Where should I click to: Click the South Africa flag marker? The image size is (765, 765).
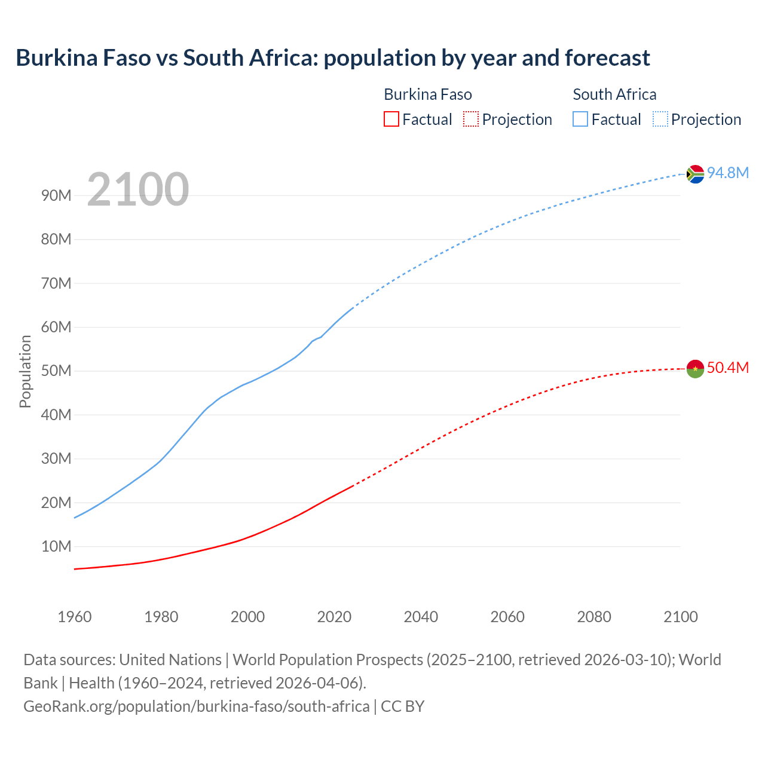click(695, 174)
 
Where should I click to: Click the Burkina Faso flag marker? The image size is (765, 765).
click(695, 369)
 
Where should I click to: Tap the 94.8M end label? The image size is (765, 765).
click(728, 173)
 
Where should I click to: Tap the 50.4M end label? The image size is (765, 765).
click(728, 368)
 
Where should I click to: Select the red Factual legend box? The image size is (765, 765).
click(391, 119)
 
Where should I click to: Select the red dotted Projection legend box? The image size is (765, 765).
click(471, 119)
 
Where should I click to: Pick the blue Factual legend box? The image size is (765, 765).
click(580, 119)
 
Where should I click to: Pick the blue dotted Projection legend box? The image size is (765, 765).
click(660, 119)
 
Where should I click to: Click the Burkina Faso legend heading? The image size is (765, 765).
click(427, 94)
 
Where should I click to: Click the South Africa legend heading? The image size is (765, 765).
click(614, 94)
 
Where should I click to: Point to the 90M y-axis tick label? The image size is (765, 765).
click(56, 195)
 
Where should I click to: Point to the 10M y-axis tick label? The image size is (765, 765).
click(56, 546)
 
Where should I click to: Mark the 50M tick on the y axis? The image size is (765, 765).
click(56, 371)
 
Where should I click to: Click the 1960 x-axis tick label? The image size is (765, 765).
click(75, 616)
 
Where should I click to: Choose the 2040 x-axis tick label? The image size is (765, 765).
click(421, 616)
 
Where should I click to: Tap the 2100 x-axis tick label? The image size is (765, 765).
click(680, 616)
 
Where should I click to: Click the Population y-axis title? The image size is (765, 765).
click(25, 371)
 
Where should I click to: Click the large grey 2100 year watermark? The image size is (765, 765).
click(138, 189)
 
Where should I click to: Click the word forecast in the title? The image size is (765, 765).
click(607, 58)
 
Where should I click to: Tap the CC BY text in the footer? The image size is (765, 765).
click(402, 706)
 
